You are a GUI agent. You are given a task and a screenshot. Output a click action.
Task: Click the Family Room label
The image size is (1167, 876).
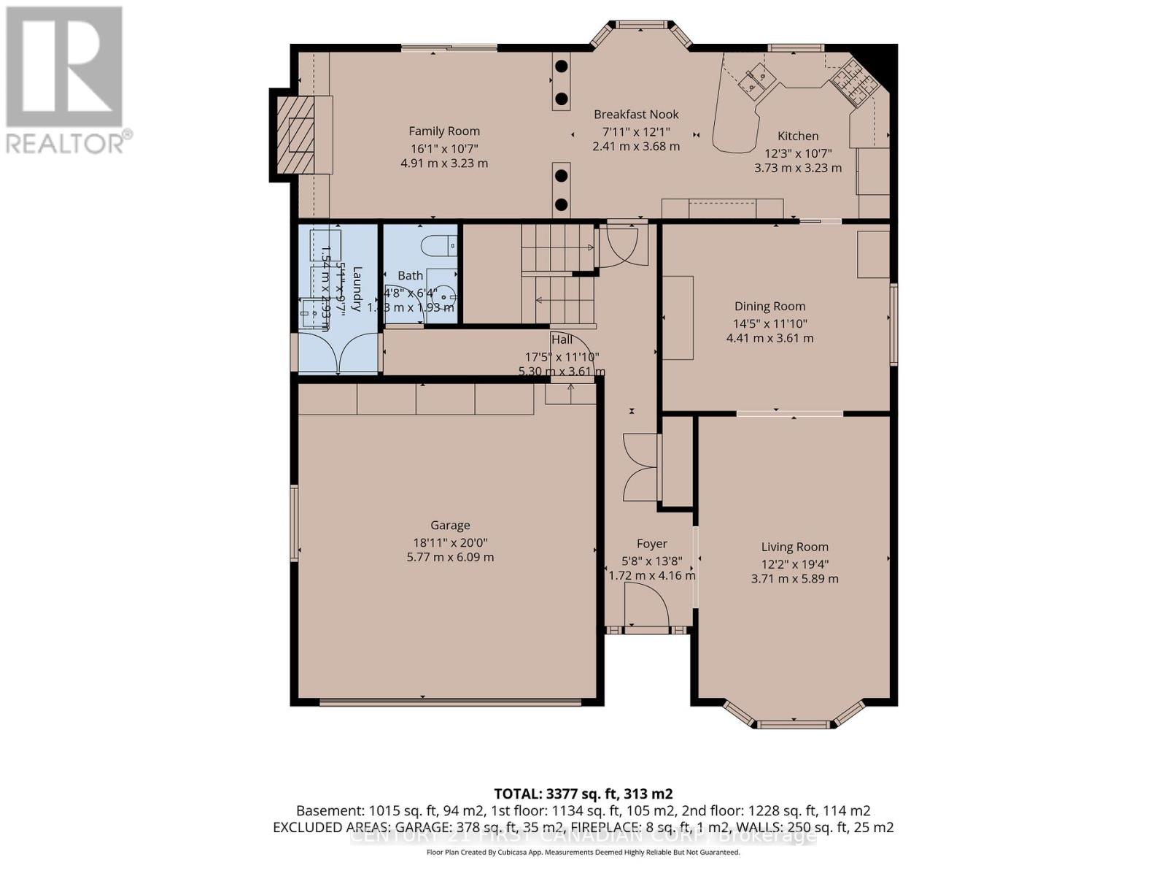pos(444,131)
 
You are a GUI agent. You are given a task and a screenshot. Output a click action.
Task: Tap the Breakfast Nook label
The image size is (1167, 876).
pos(636,115)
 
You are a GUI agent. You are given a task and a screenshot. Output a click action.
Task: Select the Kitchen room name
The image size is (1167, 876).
pos(798,136)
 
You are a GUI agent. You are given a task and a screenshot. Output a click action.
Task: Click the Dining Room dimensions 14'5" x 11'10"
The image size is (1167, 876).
pos(770,323)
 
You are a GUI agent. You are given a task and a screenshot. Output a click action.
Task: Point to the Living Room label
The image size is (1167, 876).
pos(794,547)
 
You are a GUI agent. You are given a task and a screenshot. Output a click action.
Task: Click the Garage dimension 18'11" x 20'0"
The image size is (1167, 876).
pos(450,542)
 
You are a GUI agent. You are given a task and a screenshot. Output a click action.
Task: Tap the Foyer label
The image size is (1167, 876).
pos(651,544)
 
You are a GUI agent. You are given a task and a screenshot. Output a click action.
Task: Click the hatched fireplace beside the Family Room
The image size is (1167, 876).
pos(295,134)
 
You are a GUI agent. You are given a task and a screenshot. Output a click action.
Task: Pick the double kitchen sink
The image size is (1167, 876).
pos(754,78)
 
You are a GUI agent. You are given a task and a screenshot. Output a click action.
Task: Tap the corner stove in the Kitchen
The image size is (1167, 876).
pos(853,80)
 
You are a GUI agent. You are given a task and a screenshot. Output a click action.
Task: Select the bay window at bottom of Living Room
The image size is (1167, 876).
pos(794,719)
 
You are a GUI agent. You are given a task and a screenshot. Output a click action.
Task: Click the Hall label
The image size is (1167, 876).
pos(562,339)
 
